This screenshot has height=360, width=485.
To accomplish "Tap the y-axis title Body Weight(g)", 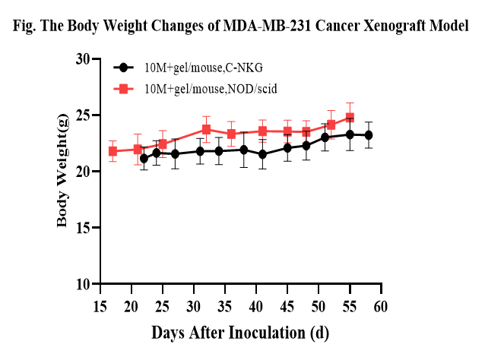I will click(63, 171).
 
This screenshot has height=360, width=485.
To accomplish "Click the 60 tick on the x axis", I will click(381, 306).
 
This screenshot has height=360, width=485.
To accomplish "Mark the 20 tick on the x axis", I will click(131, 306).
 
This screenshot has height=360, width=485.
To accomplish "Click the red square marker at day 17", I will click(113, 151).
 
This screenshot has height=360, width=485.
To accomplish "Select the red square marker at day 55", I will click(350, 118).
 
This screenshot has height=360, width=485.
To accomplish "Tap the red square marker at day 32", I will click(207, 130).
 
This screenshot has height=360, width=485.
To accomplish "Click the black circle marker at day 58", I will click(369, 135).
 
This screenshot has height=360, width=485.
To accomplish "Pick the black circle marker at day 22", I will click(144, 158).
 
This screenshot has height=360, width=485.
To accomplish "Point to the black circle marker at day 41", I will click(262, 154).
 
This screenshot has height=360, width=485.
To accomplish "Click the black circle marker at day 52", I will click(325, 137).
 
